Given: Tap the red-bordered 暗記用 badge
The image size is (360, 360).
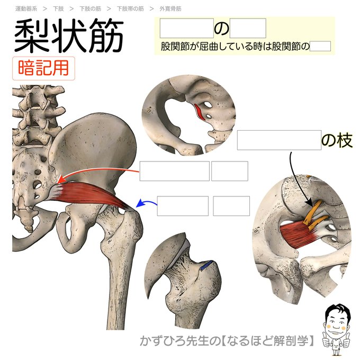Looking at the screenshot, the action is click(x=43, y=69).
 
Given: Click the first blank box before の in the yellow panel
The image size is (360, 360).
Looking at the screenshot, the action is click(x=186, y=28).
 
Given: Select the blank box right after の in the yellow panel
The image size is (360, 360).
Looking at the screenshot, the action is click(x=248, y=28).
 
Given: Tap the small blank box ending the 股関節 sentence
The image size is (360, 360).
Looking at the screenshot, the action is click(x=320, y=47).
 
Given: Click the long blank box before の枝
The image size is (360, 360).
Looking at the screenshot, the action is click(x=279, y=140).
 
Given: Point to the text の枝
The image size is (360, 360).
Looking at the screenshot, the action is click(x=337, y=140).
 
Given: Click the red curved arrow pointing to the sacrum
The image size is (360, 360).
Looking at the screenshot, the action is click(x=95, y=173).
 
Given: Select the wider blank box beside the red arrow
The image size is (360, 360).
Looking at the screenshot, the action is click(x=175, y=171).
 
